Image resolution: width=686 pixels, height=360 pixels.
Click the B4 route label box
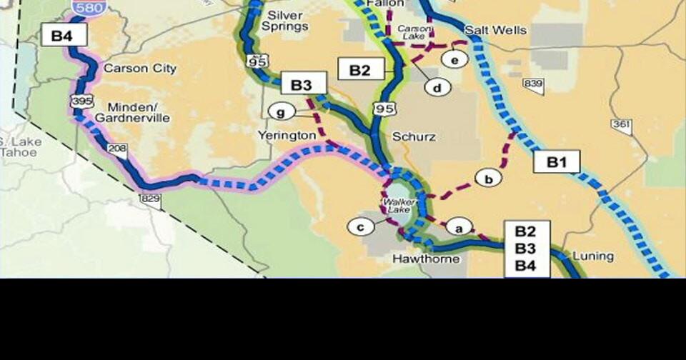tap(64, 34)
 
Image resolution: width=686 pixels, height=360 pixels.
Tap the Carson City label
tap(140, 69)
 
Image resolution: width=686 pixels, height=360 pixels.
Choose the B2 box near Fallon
tap(361, 69)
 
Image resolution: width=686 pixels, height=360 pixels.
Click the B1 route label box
tap(557, 162)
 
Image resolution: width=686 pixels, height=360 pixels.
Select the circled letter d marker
tap(437, 88)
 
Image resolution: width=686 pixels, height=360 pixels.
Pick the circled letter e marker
tap(454, 59)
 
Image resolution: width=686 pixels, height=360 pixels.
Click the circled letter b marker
tap(489, 178)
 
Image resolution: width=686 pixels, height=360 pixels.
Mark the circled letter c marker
tap(361, 227)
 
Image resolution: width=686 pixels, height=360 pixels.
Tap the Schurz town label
tap(414, 136)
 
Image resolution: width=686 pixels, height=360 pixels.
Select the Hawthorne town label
tap(426, 258)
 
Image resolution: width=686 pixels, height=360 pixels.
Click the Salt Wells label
tap(495, 31)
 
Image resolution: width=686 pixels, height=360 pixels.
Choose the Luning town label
tap(592, 256)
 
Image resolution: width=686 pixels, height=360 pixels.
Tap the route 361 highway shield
tap(621, 126)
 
